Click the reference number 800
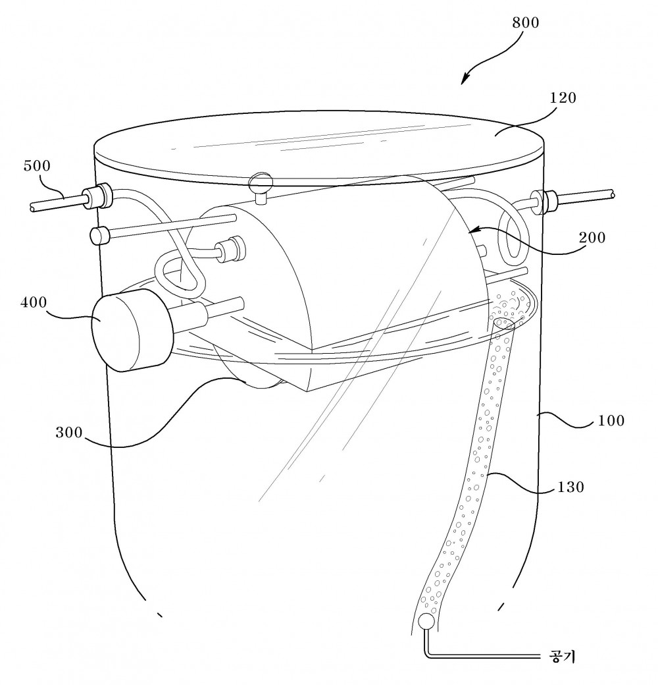tap(525, 22)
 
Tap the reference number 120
tap(563, 97)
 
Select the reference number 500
tap(37, 165)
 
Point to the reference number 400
tap(34, 302)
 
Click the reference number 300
tap(69, 432)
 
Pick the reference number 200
tap(592, 238)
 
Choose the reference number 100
tap(611, 421)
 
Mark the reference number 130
tap(570, 487)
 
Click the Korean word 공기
tap(561, 657)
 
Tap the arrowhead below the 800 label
tap(465, 79)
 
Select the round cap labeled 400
tap(130, 331)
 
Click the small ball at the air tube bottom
tap(424, 621)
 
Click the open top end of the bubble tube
tap(504, 323)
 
